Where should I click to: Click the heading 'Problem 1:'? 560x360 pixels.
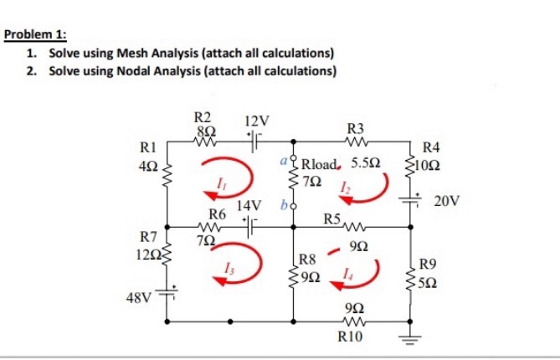point(35,37)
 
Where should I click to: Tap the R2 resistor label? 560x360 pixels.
point(203,118)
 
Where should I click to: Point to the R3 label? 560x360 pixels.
point(356,128)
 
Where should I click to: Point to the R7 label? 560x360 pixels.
point(151,237)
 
